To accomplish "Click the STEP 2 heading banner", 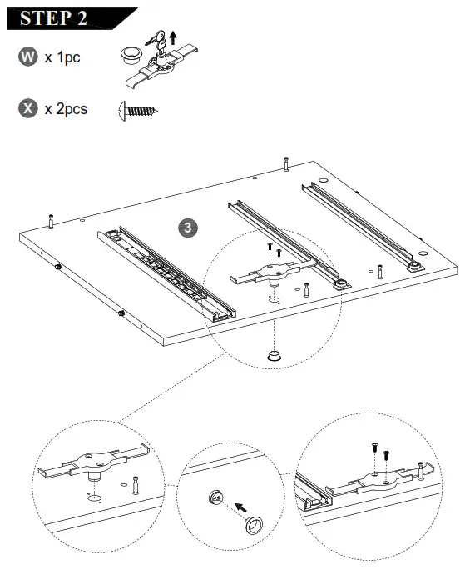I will click(x=62, y=17).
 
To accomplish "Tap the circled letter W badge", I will click(x=28, y=57).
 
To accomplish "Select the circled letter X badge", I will click(x=28, y=108).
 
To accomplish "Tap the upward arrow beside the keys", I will click(x=172, y=36).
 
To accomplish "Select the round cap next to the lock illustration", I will click(x=129, y=55).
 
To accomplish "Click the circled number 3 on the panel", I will click(x=189, y=227).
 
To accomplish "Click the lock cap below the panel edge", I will click(x=274, y=355).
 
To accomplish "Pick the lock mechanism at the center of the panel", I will click(x=273, y=271).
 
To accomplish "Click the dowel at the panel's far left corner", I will click(x=51, y=222).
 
